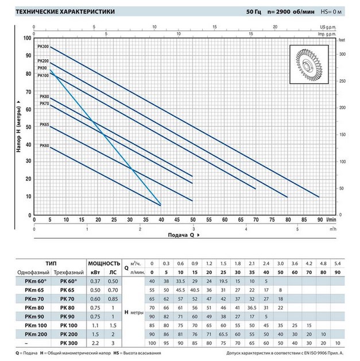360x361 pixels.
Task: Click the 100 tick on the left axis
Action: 26,38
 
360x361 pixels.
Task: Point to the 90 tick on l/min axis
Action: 319,219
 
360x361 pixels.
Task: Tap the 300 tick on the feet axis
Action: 342,54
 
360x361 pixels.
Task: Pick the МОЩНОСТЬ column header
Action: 104,262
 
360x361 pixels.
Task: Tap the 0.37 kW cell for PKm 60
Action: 95,281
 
